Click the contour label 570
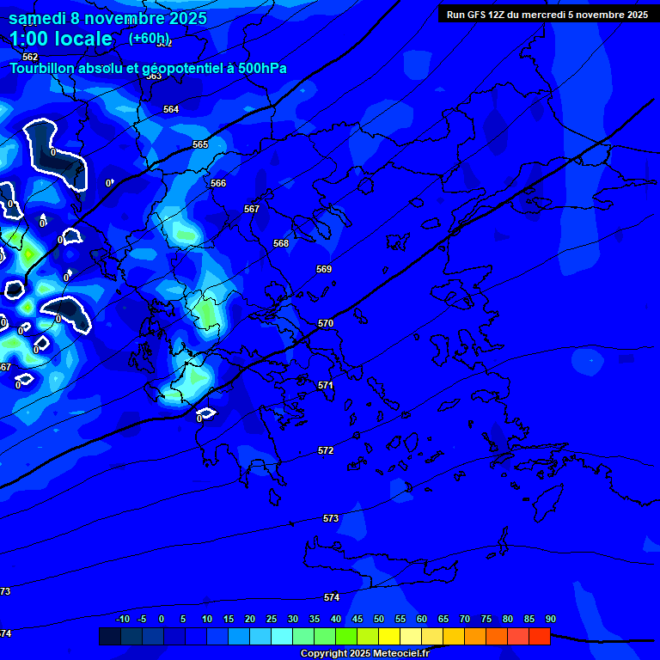pyautogui.click(x=325, y=323)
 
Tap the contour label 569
pyautogui.click(x=323, y=269)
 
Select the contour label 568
pyautogui.click(x=281, y=243)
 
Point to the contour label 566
pyautogui.click(x=218, y=183)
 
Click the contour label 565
pyautogui.click(x=200, y=144)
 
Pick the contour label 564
pyautogui.click(x=171, y=109)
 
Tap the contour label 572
pyautogui.click(x=326, y=450)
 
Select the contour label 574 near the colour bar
pyautogui.click(x=332, y=597)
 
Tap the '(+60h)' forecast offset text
pyautogui.click(x=150, y=38)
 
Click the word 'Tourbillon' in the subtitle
pyautogui.click(x=44, y=69)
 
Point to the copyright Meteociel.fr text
pyautogui.click(x=364, y=654)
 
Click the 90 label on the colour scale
pyautogui.click(x=550, y=619)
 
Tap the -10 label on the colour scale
pyautogui.click(x=122, y=619)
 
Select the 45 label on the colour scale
pyautogui.click(x=357, y=619)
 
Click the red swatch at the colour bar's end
pyautogui.click(x=539, y=636)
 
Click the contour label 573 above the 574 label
pyautogui.click(x=331, y=518)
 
